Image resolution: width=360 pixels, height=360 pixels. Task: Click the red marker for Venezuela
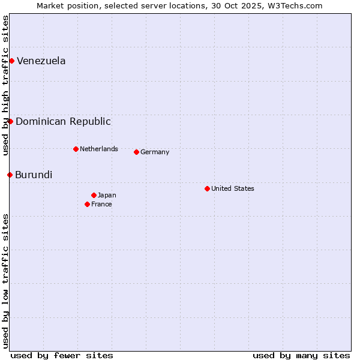click(x=11, y=61)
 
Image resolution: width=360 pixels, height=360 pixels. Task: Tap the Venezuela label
click(x=41, y=61)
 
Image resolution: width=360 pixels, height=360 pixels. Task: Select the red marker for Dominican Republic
click(x=10, y=121)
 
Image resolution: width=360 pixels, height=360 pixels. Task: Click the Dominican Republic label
click(x=63, y=121)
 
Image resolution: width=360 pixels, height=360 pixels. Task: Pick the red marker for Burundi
click(x=10, y=175)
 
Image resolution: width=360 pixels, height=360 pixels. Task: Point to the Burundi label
click(x=34, y=175)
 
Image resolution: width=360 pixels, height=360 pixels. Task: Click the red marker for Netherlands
click(x=76, y=149)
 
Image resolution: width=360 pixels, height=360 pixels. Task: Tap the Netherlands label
click(x=98, y=149)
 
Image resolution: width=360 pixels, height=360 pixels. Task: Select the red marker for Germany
click(x=136, y=152)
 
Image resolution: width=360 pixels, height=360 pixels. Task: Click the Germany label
click(x=155, y=152)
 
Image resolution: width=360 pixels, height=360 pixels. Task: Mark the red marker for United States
click(x=207, y=188)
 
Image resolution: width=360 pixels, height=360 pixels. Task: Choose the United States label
click(x=232, y=188)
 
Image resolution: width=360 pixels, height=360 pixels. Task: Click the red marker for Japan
click(x=94, y=195)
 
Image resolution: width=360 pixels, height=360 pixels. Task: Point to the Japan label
click(x=107, y=195)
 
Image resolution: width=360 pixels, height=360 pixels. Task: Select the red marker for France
click(x=87, y=204)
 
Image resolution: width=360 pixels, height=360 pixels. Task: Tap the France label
click(x=101, y=204)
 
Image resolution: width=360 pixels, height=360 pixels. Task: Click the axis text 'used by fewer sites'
click(x=62, y=355)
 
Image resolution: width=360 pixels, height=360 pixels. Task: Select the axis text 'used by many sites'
click(x=301, y=355)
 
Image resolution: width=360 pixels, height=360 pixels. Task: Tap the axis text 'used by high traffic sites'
click(x=5, y=85)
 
